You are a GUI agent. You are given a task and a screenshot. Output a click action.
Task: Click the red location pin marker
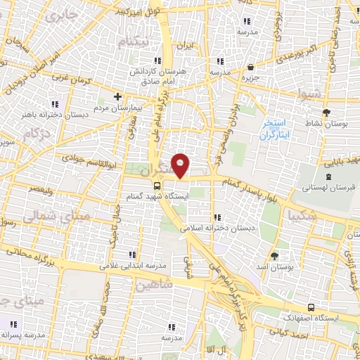[181, 165]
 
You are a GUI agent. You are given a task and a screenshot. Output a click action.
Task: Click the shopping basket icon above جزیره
[251, 67]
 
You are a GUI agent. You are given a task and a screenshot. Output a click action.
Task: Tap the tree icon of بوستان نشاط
[326, 112]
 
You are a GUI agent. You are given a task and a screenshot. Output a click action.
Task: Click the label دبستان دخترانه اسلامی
[211, 229]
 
